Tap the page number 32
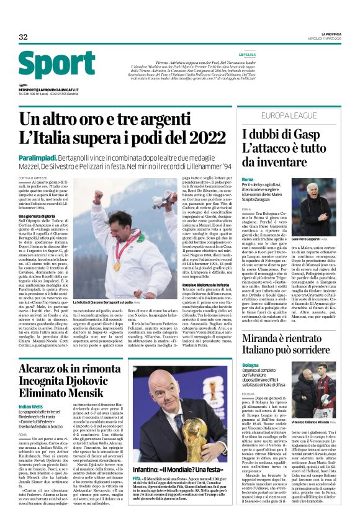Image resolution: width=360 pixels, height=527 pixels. [x=23, y=37]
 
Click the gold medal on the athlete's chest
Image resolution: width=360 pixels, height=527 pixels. [x=116, y=265]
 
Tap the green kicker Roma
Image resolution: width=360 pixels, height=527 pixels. [x=248, y=179]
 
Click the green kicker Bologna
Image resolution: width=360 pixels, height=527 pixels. [x=251, y=365]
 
